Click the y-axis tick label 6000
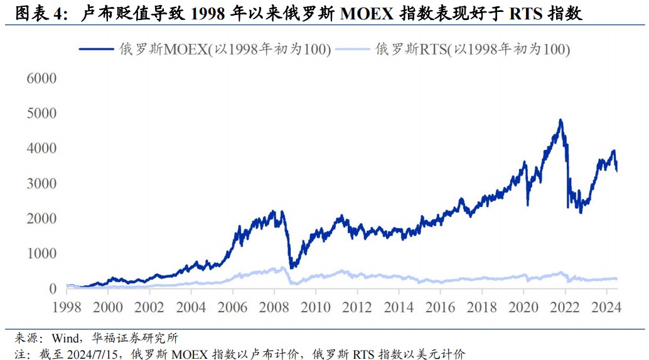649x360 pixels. click(41, 78)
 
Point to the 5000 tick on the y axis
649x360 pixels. click(41, 114)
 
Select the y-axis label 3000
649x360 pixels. click(41, 184)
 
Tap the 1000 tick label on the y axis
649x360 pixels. click(41, 254)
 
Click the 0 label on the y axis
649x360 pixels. click(53, 289)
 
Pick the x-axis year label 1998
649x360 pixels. click(66, 307)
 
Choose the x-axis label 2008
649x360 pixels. click(274, 307)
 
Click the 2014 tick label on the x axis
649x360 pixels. click(399, 307)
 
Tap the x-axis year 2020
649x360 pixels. click(523, 307)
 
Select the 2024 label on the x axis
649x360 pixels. click(606, 307)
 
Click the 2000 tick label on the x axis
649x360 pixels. click(107, 307)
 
